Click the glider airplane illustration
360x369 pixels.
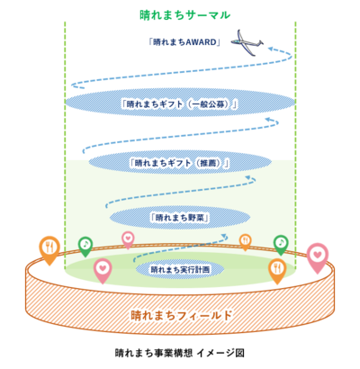[247, 42]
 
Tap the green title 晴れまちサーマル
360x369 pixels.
[184, 15]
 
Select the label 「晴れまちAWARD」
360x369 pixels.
[184, 42]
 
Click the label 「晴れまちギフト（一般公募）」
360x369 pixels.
[180, 104]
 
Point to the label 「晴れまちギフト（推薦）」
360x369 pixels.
[180, 163]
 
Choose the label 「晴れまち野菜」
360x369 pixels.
[180, 218]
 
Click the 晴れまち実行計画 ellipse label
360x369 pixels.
[180, 269]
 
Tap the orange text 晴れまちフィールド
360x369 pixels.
[182, 315]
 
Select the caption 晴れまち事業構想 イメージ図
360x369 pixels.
[180, 353]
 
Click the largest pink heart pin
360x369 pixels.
[318, 257]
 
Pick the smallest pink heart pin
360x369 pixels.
[128, 239]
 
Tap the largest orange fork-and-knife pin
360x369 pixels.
[49, 250]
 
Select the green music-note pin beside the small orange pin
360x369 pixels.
[281, 245]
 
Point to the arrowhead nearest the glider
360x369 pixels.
[272, 49]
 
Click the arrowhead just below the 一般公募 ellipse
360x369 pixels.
[269, 119]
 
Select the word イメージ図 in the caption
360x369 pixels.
[220, 353]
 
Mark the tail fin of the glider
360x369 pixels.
[260, 42]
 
